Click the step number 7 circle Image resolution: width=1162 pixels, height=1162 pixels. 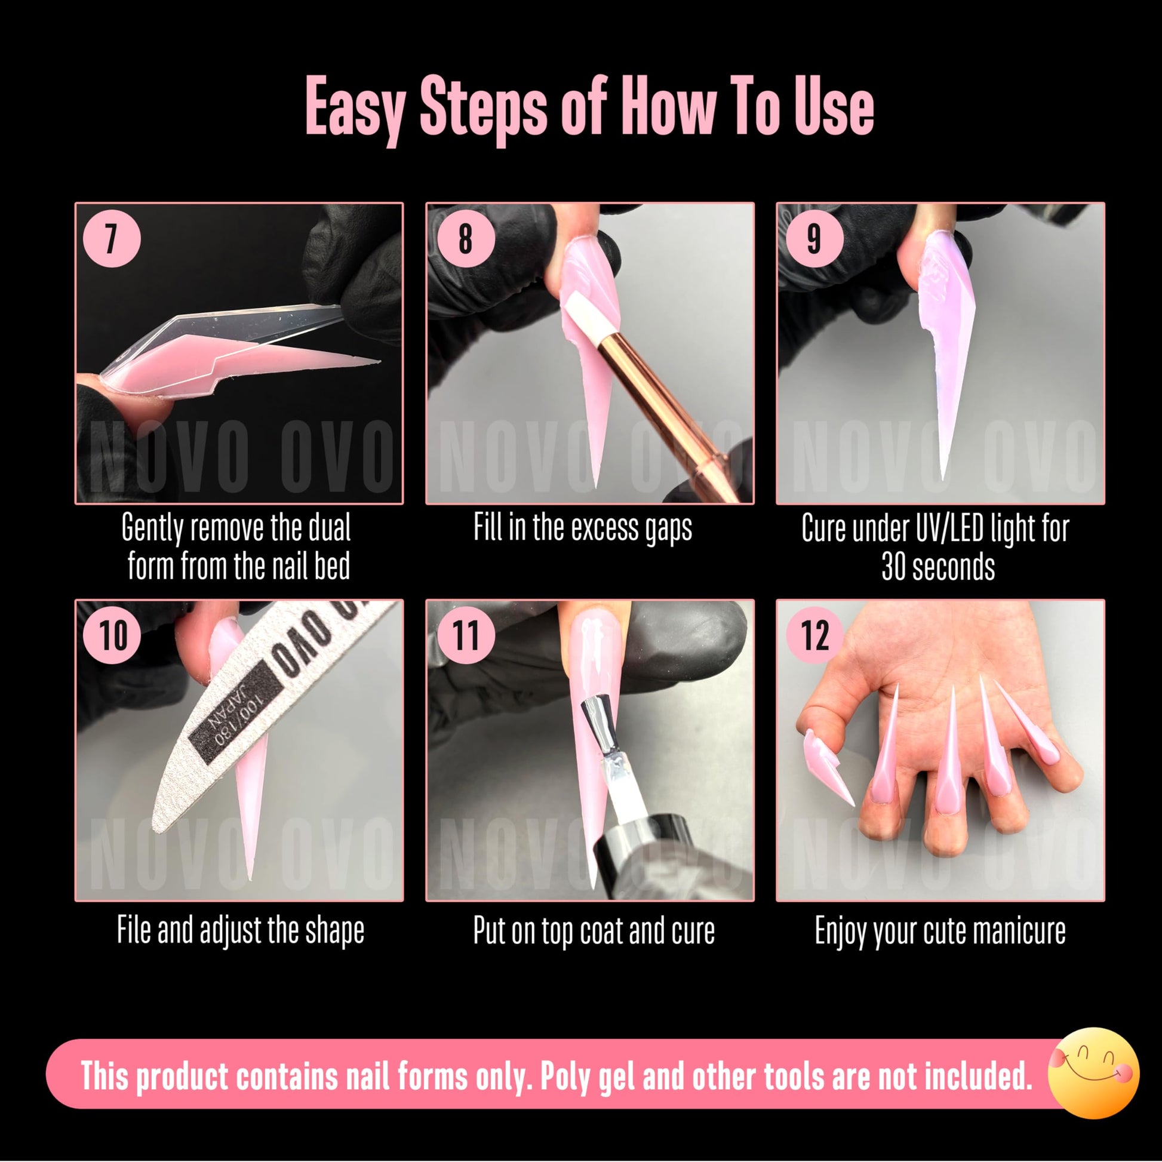(111, 238)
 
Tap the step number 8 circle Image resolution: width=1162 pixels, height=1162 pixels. (465, 238)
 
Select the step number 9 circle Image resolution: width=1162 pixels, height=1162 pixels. (814, 238)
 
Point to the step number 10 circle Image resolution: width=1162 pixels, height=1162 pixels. (113, 635)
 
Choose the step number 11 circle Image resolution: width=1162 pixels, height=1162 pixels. (465, 635)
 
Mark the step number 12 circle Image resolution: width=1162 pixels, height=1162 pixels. (814, 635)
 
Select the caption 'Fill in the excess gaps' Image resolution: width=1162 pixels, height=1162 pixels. (582, 528)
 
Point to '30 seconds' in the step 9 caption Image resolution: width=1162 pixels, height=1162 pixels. (937, 567)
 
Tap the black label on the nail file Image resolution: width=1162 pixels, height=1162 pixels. (235, 709)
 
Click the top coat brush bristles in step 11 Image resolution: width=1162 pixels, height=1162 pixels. (602, 723)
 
